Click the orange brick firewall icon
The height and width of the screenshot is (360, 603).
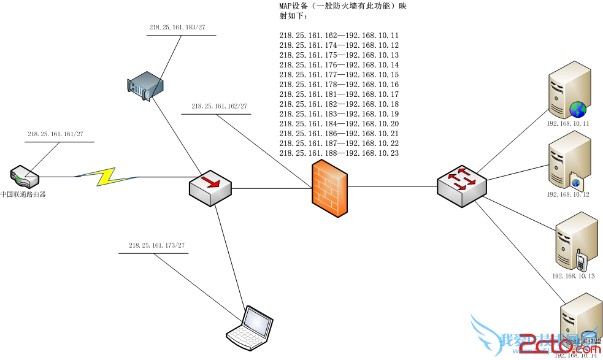[329, 188]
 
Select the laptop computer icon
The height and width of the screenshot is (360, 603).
[250, 327]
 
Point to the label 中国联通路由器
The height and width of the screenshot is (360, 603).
[23, 194]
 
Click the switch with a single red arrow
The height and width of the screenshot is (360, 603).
[210, 188]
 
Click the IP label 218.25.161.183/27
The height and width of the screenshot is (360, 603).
[177, 28]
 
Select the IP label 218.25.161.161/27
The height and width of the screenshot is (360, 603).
[55, 134]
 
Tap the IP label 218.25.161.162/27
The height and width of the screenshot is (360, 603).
[219, 106]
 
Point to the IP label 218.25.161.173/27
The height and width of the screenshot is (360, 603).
[156, 245]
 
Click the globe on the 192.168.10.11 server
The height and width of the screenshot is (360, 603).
[578, 110]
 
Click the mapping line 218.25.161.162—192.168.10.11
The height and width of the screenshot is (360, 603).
[339, 36]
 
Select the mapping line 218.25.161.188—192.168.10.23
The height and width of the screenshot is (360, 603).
[339, 153]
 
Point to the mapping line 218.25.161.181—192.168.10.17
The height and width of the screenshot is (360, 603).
[339, 94]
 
